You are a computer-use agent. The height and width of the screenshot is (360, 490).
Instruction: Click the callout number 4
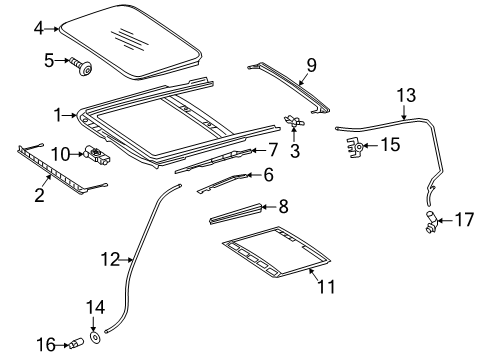click(39, 29)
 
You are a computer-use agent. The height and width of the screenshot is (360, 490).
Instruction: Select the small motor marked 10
click(97, 155)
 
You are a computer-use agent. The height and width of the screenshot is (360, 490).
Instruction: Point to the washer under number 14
click(96, 337)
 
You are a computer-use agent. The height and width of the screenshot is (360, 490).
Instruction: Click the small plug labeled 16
click(76, 343)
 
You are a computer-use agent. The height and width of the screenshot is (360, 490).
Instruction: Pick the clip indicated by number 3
click(293, 121)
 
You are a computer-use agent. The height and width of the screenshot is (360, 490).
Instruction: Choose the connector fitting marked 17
click(433, 221)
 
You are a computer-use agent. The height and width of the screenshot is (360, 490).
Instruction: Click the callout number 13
click(407, 95)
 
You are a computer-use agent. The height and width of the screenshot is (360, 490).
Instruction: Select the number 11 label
click(326, 286)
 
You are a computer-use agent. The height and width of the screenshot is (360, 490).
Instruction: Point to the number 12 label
click(110, 259)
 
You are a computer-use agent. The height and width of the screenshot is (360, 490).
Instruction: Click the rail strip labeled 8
click(235, 214)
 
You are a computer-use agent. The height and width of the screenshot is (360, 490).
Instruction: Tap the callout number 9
click(311, 65)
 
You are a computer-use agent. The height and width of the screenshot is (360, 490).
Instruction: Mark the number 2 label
click(39, 195)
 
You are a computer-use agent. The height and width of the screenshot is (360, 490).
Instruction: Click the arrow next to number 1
click(70, 115)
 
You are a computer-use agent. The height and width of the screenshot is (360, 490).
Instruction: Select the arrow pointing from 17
click(444, 220)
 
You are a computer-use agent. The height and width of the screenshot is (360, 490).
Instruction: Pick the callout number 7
click(273, 150)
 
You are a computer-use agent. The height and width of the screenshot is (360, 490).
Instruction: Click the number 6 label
click(269, 175)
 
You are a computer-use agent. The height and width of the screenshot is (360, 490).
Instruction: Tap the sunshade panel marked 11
click(276, 252)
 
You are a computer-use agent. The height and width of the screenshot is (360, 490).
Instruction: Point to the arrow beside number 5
click(62, 60)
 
